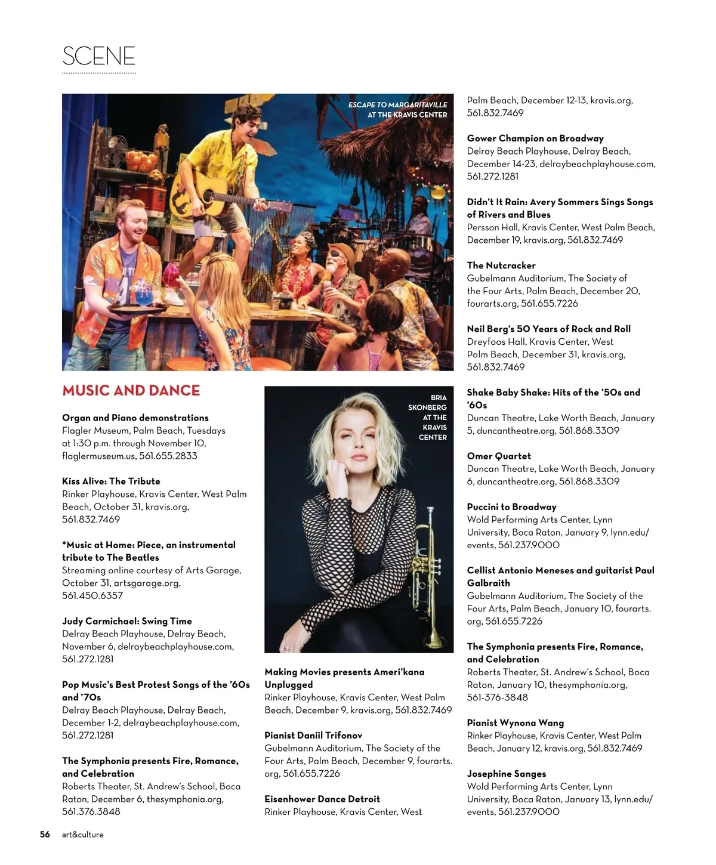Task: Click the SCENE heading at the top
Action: point(98,56)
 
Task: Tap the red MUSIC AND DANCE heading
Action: point(131,391)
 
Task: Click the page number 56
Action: point(45,835)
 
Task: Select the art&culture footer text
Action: point(82,835)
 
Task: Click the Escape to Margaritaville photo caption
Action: point(398,110)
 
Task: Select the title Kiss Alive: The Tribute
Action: point(111,481)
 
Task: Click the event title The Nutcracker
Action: point(501,265)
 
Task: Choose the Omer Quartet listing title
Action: point(498,456)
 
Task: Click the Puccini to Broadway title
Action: point(511,507)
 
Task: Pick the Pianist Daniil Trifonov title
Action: point(313,736)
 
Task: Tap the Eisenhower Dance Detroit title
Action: point(322,799)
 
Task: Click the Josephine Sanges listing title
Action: point(506,774)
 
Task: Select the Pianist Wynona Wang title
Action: point(515,723)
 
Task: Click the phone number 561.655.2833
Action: point(168,456)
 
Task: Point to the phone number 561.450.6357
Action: point(92,595)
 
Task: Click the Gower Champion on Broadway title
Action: point(535,138)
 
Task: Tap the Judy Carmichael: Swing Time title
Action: point(127,621)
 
